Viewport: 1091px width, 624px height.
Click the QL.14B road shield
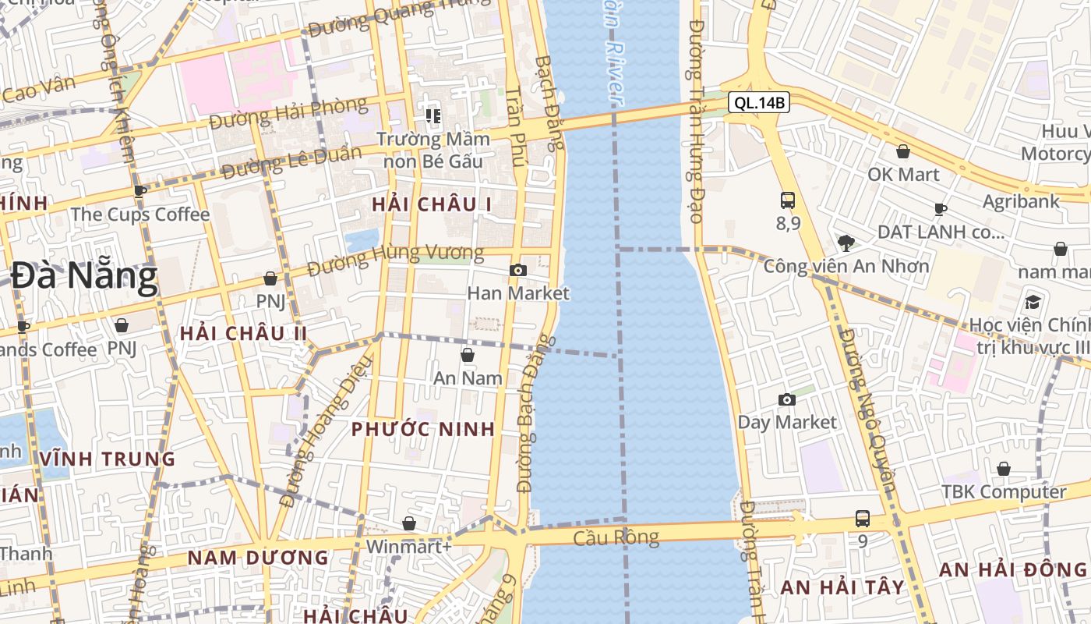click(x=759, y=102)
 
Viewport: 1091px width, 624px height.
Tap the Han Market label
click(x=518, y=293)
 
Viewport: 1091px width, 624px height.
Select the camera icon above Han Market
click(x=517, y=271)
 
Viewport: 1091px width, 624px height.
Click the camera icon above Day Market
click(x=787, y=400)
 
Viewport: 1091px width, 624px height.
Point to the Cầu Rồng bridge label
click(x=616, y=537)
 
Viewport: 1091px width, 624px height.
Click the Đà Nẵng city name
click(x=84, y=277)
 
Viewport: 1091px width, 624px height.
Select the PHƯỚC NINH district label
click(x=423, y=429)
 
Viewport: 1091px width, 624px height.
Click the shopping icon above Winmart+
click(x=408, y=523)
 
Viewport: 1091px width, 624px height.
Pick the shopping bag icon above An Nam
click(x=468, y=356)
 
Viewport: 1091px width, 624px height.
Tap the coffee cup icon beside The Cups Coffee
click(x=140, y=191)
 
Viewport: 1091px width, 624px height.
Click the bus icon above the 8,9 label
click(x=787, y=200)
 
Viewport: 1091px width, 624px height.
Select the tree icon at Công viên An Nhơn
click(x=846, y=243)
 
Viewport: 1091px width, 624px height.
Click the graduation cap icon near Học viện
click(x=1033, y=302)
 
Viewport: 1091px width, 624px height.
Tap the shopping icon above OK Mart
click(x=903, y=151)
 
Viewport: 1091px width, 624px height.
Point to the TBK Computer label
click(x=1004, y=492)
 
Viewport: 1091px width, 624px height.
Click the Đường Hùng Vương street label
click(x=395, y=260)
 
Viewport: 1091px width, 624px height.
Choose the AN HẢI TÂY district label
click(x=842, y=587)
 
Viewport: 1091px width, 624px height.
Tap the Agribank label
click(x=1021, y=201)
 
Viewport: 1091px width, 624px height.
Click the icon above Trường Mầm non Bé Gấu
click(x=433, y=116)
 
